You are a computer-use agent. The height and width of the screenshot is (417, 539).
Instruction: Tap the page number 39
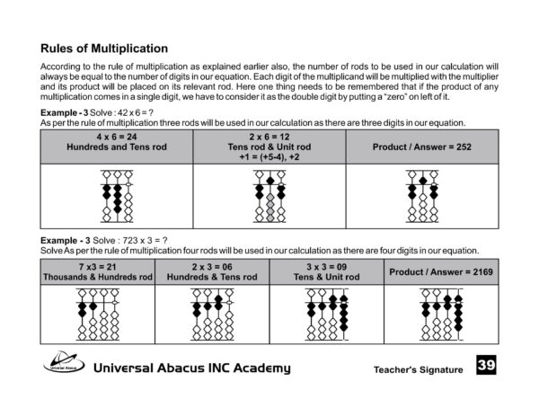[486, 366]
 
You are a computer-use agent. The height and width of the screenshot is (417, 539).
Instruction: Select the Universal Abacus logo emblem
[65, 366]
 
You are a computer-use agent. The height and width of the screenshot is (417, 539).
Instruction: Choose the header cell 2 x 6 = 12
[269, 146]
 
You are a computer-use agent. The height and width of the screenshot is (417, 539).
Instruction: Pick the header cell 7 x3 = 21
[99, 271]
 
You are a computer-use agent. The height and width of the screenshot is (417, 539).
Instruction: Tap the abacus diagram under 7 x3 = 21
[99, 315]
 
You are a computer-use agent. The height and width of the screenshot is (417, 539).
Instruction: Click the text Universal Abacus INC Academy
[192, 368]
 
